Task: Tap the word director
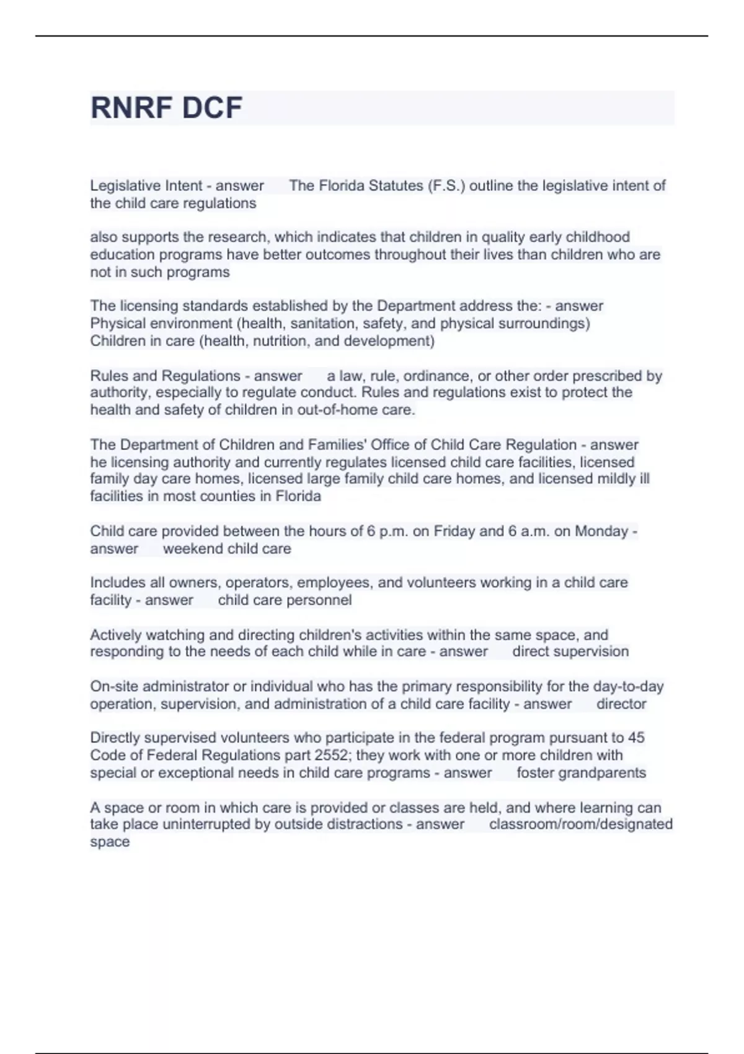(x=621, y=704)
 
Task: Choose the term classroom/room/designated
(x=580, y=824)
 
